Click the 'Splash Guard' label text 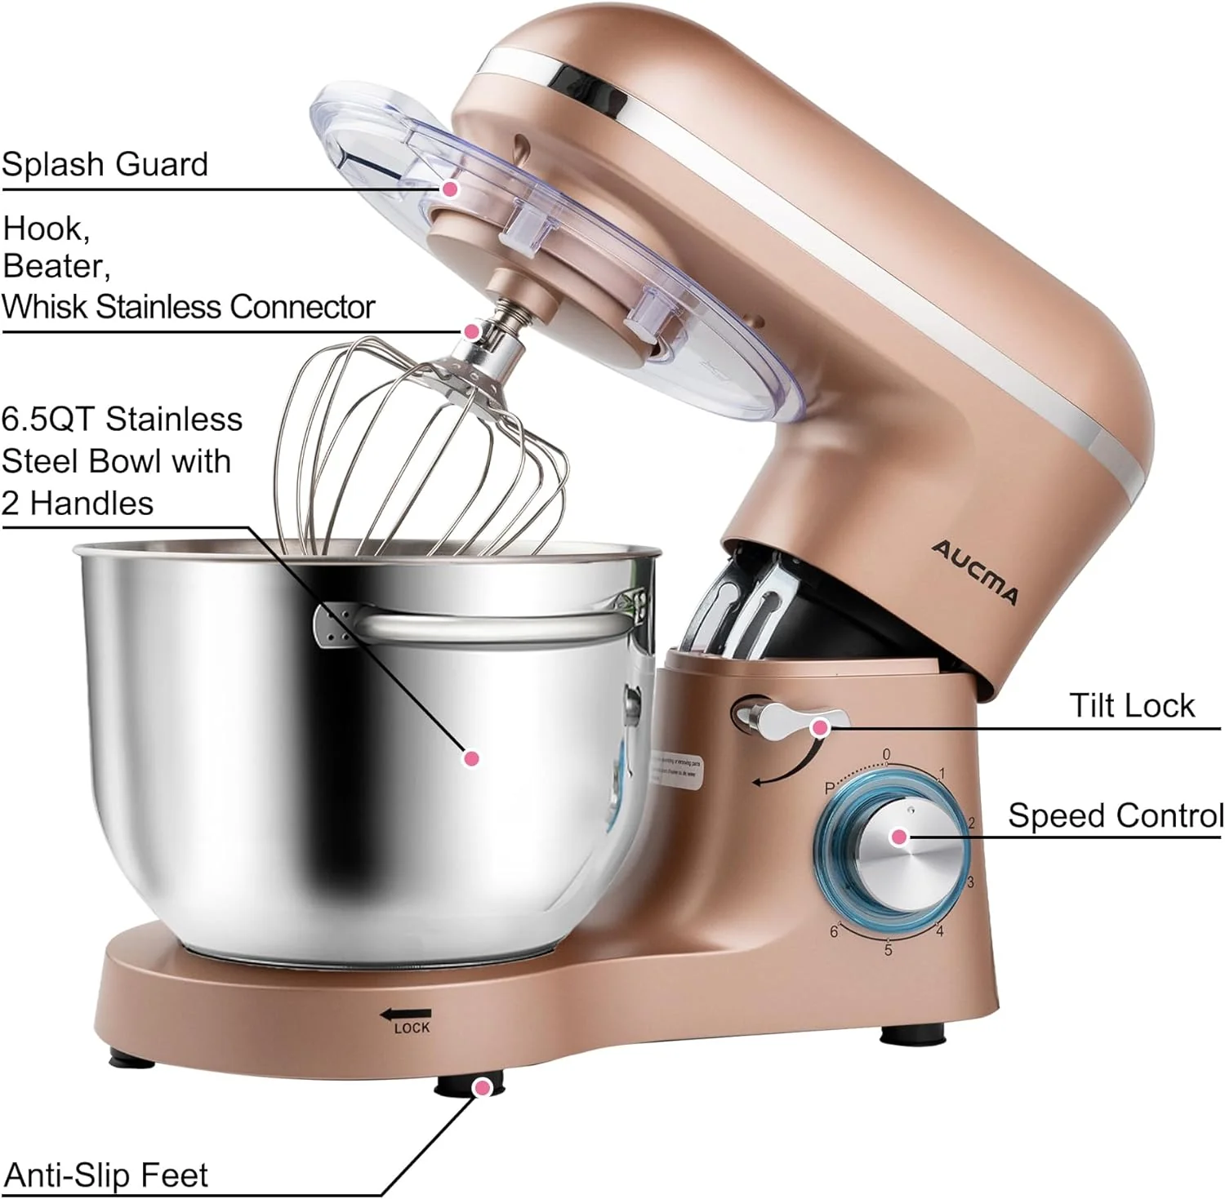coord(105,164)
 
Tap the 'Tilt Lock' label coord(1131,706)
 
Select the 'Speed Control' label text coord(1116,815)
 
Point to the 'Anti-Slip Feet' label coord(106,1175)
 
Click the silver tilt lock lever coord(784,717)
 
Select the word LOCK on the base coord(412,1028)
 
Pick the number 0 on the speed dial coord(887,755)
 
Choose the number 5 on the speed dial coord(888,950)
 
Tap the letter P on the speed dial coord(829,788)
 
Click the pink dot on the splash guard coord(450,189)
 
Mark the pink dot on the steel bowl coord(470,758)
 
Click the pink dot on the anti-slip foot coord(483,1087)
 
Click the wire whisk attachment coord(425,457)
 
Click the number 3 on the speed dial coord(970,882)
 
